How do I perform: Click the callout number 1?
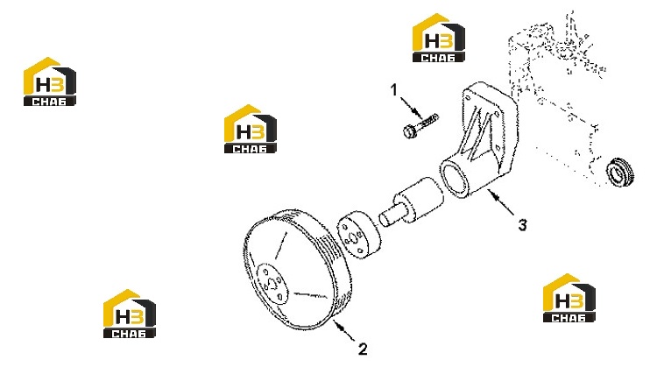394,89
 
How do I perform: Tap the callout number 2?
363,349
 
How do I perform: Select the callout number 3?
523,225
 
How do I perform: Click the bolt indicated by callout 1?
420,126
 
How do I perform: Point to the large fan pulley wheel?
297,270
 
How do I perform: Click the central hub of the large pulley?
272,284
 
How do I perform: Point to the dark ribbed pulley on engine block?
620,173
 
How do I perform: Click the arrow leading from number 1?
411,109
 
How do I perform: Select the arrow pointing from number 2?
345,331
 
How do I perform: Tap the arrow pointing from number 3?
500,203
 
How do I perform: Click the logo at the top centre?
439,38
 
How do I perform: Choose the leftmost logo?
50,81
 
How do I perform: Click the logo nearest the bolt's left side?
251,129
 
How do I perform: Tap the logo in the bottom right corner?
569,298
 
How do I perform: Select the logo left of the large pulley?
130,314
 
